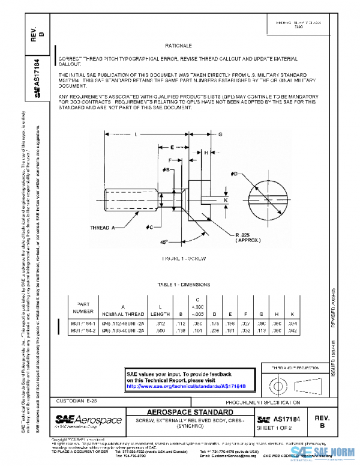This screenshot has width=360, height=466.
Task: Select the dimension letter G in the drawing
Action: click(x=221, y=134)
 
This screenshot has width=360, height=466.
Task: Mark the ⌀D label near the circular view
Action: click(x=235, y=174)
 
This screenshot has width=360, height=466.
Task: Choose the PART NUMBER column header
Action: click(x=83, y=307)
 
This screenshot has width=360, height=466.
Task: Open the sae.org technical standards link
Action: click(x=186, y=386)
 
